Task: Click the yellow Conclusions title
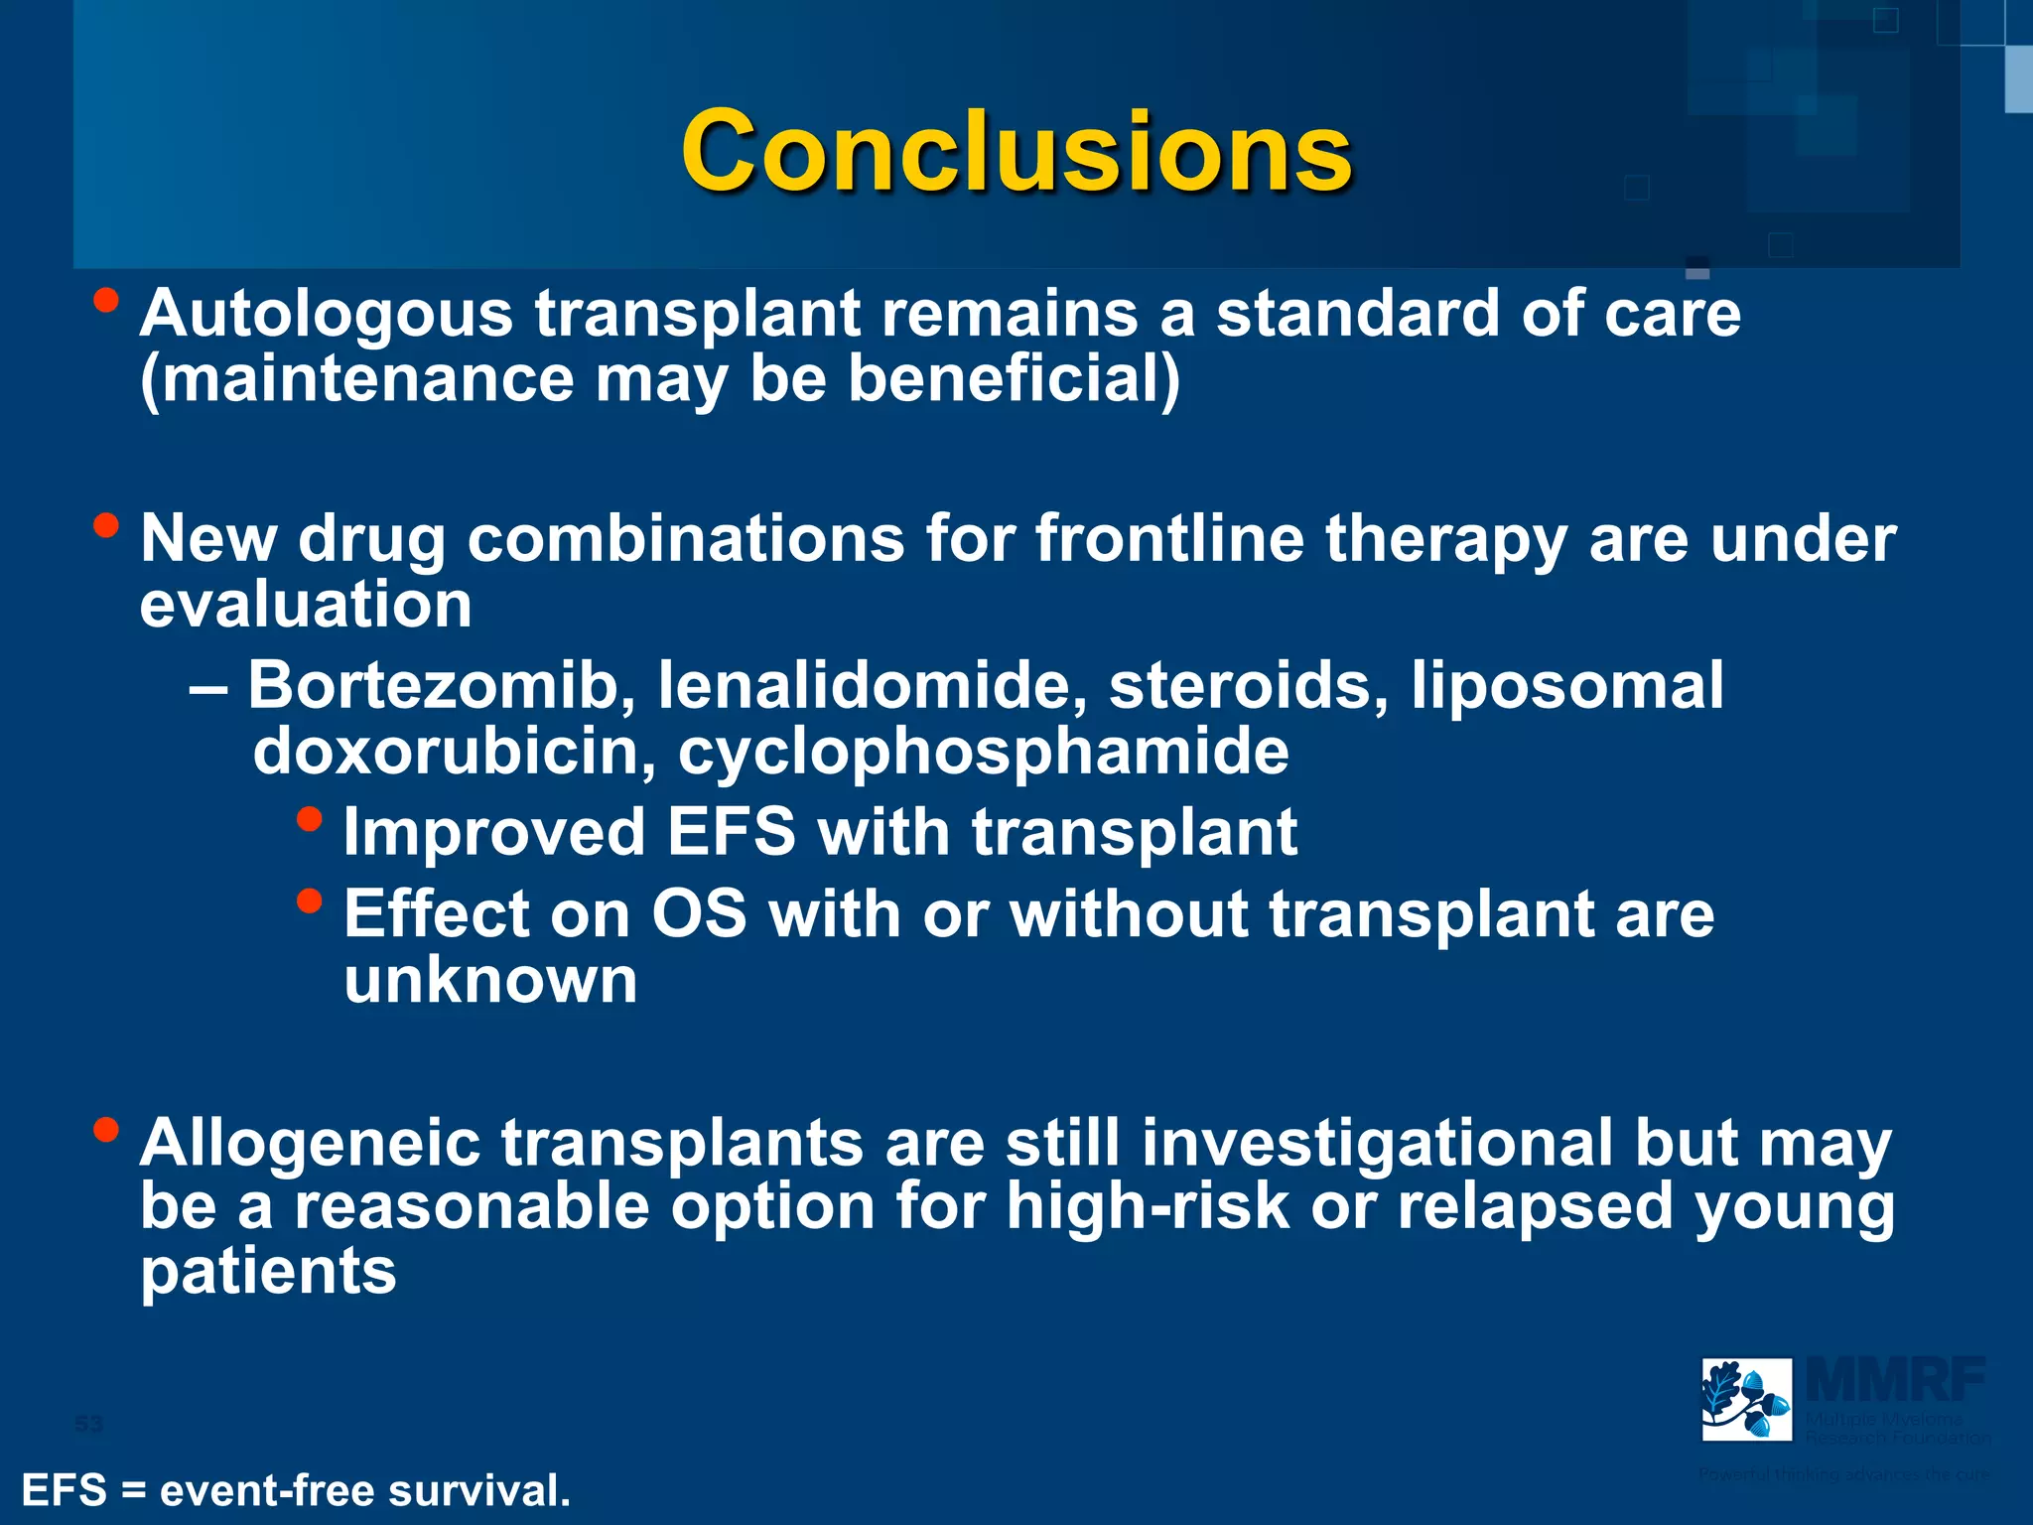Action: [x=1016, y=151]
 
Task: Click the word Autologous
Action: [x=327, y=315]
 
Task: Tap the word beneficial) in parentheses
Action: [x=1014, y=380]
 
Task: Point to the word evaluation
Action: [x=306, y=606]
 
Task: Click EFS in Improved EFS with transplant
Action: [x=731, y=832]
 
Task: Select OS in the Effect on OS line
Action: [x=698, y=914]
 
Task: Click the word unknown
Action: [x=490, y=981]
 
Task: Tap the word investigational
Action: [x=1377, y=1145]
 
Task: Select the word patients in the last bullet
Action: [x=268, y=1273]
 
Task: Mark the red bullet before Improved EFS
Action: [x=310, y=819]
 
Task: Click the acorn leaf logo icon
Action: [x=1746, y=1399]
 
